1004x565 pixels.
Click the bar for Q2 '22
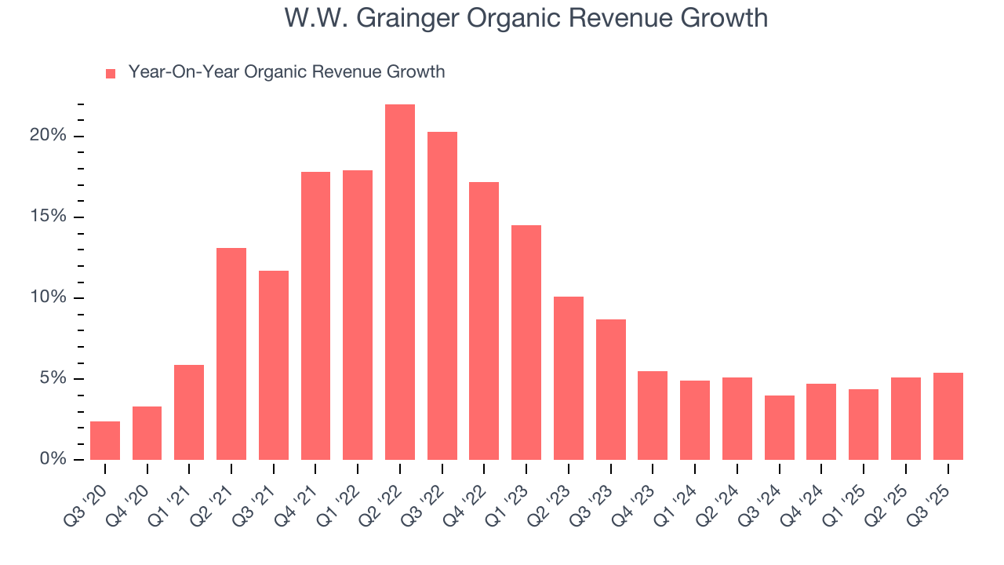click(x=400, y=282)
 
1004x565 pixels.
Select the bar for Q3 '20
click(x=105, y=441)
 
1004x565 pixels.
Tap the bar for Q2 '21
click(x=231, y=354)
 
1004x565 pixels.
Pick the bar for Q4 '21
click(x=315, y=316)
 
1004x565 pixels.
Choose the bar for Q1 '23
click(x=526, y=343)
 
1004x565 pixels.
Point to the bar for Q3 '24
click(x=780, y=428)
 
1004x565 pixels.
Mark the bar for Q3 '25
click(x=948, y=417)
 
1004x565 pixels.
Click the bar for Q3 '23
click(x=611, y=390)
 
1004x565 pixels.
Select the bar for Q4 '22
click(x=484, y=321)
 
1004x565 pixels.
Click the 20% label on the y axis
click(x=48, y=136)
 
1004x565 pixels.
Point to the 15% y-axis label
click(x=48, y=217)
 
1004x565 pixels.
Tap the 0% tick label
click(x=52, y=459)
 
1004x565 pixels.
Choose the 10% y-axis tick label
click(x=48, y=297)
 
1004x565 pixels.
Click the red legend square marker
click(x=111, y=74)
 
